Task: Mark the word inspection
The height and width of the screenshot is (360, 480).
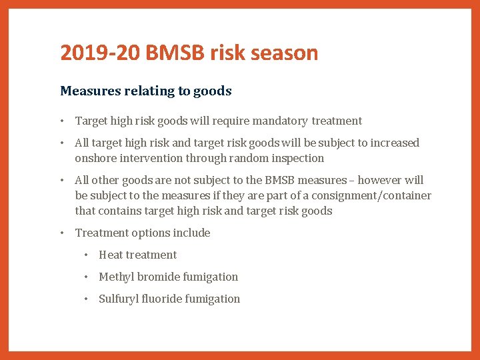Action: point(298,159)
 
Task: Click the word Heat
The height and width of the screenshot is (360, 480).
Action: point(111,255)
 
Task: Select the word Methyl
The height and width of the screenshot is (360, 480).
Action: point(117,277)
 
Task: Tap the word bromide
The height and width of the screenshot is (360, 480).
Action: point(161,277)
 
